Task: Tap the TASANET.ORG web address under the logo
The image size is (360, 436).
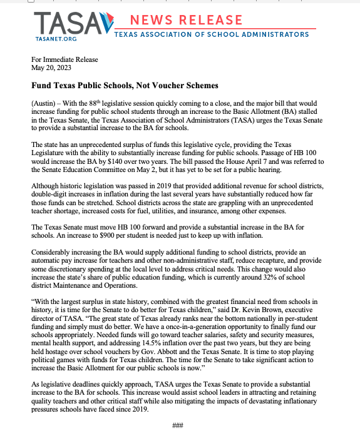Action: [56, 39]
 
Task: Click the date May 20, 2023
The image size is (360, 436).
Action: [48, 68]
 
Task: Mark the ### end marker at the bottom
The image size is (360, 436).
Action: [177, 425]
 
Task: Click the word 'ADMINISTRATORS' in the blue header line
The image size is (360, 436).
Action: [274, 34]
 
